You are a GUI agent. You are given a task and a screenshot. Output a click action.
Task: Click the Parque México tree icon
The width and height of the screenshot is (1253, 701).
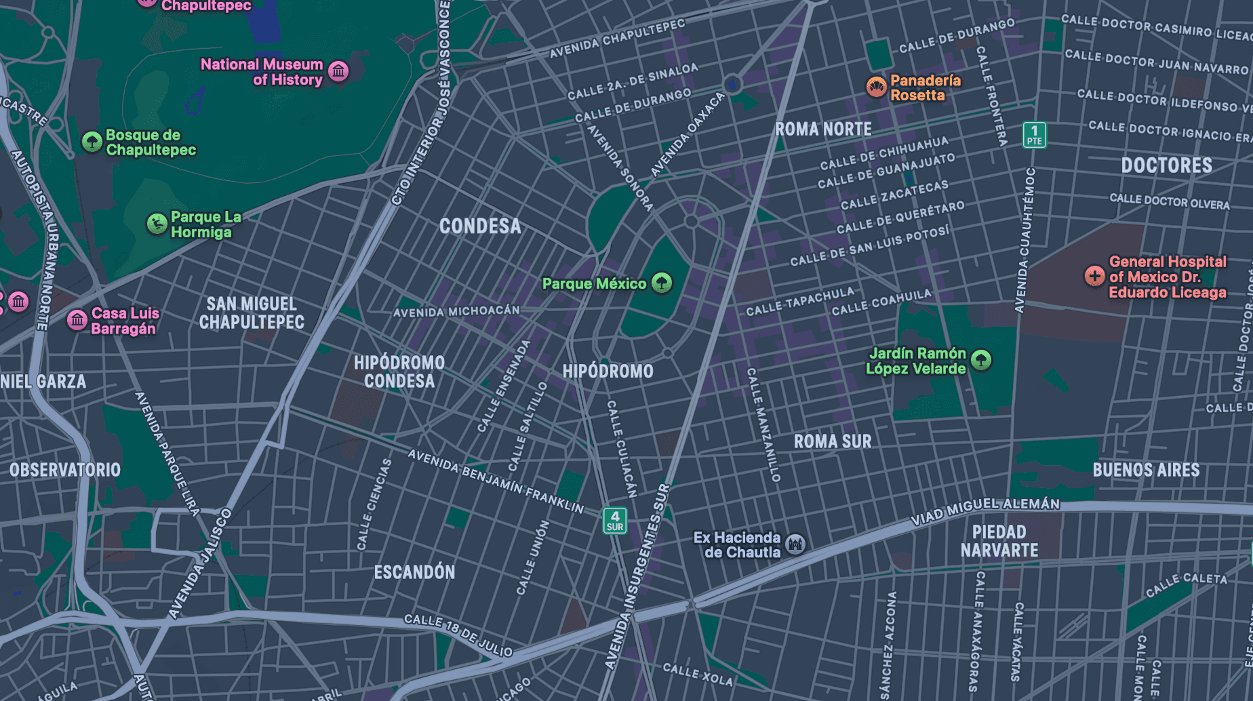click(662, 283)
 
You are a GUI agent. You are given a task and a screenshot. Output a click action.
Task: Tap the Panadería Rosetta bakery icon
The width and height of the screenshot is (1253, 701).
click(877, 87)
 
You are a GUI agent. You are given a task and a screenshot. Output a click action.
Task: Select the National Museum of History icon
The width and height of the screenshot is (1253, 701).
click(338, 71)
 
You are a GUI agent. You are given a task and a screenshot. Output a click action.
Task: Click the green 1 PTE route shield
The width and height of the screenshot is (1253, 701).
click(1034, 135)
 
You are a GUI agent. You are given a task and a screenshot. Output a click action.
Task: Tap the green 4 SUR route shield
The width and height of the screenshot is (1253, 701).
click(615, 521)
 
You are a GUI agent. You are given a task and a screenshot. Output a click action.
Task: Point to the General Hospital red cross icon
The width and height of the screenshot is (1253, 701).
click(1094, 276)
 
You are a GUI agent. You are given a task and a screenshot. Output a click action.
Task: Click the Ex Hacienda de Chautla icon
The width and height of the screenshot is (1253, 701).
click(795, 544)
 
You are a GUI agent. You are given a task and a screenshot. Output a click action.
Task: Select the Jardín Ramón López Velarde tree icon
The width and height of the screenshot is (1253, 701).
click(981, 360)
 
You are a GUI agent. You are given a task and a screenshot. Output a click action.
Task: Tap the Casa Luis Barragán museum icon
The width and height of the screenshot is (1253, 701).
click(77, 319)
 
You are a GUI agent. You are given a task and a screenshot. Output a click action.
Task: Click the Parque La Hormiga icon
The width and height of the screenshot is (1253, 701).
click(157, 224)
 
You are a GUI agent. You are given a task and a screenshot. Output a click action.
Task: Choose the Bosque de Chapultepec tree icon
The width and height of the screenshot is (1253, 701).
click(92, 142)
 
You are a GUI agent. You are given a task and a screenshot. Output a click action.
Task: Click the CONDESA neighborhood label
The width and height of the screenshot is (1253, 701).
click(480, 226)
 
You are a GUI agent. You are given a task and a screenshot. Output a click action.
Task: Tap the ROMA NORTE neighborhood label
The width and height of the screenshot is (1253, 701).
click(823, 129)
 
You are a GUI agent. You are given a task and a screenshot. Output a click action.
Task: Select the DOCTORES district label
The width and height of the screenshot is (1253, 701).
click(1166, 165)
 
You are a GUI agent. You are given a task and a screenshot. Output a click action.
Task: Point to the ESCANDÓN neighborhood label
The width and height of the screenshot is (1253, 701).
click(414, 572)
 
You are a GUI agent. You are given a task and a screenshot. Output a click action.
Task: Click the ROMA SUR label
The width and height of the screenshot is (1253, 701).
click(833, 441)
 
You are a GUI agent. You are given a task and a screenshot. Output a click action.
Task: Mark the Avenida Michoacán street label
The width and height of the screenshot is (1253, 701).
click(456, 311)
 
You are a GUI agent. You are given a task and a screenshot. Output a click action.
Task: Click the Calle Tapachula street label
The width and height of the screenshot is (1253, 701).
click(800, 302)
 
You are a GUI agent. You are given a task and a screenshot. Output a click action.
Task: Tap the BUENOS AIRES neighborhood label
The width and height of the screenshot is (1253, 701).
click(1146, 470)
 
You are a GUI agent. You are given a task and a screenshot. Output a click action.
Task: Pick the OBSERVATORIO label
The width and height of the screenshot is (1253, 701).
click(65, 470)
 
